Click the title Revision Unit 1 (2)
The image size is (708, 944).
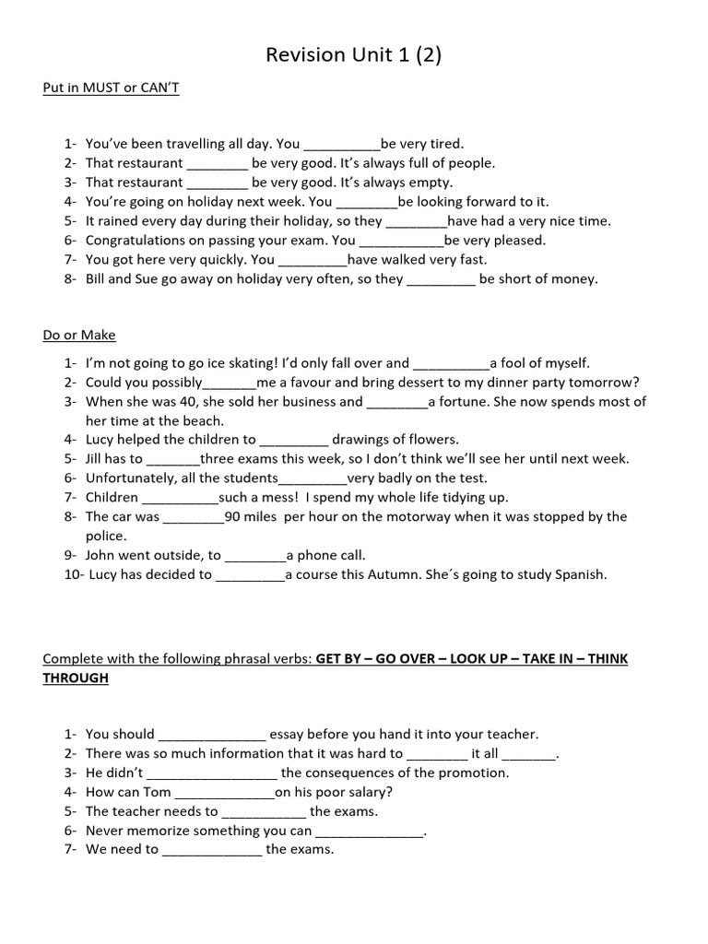354,55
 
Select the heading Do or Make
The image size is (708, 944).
79,335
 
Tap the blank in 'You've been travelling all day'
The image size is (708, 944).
341,145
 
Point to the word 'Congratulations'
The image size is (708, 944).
136,241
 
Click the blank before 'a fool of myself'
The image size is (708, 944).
451,364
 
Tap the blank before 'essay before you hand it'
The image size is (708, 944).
212,736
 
